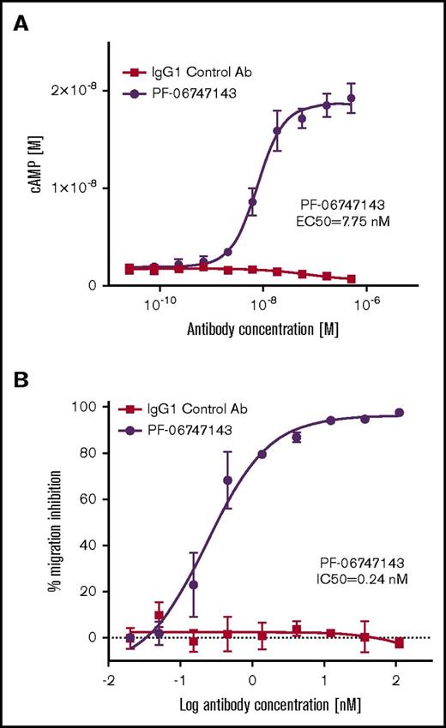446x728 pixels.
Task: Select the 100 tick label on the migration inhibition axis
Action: [x=84, y=406]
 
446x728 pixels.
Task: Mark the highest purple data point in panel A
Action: [x=351, y=98]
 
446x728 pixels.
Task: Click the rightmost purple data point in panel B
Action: [x=399, y=413]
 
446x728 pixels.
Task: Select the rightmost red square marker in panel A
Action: [x=351, y=279]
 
